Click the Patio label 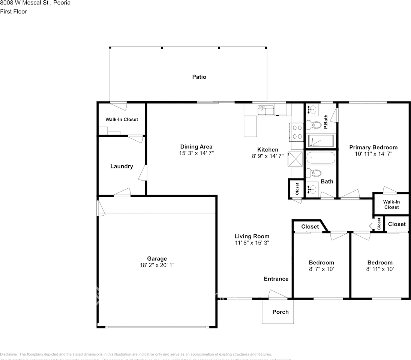[x=199, y=77]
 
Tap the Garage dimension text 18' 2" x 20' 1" [x=157, y=265]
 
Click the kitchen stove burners [x=297, y=132]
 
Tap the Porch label [x=280, y=312]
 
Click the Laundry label [x=121, y=166]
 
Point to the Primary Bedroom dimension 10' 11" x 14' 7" [x=373, y=154]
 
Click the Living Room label [x=252, y=236]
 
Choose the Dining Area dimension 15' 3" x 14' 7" [x=196, y=153]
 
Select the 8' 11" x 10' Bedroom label [x=380, y=262]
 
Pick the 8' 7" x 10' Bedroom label [x=321, y=262]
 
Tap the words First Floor [x=13, y=11]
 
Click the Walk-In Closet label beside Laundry [x=121, y=119]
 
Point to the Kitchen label [x=267, y=150]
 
